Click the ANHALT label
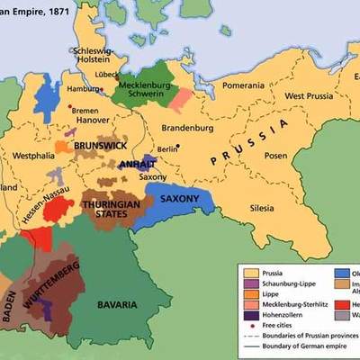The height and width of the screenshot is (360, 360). (x=137, y=165)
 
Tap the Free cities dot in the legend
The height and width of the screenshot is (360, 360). (x=248, y=327)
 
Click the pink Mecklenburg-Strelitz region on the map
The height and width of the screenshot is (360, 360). (x=182, y=98)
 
